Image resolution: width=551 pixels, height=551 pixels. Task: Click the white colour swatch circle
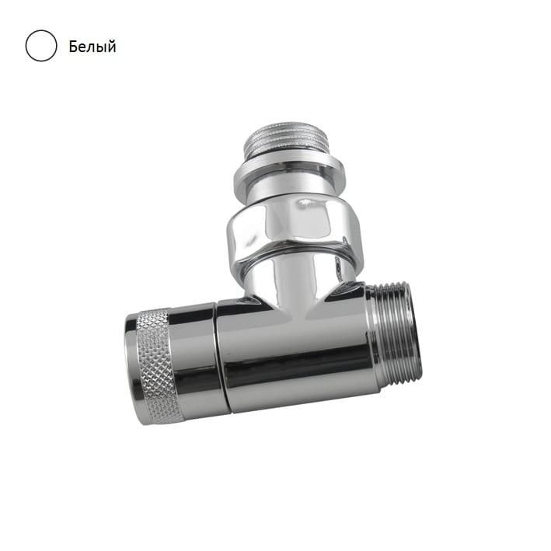point(41,46)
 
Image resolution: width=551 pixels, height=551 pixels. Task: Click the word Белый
point(92,47)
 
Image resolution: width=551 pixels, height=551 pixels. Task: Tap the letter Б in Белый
point(73,46)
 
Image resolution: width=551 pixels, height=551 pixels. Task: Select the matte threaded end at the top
point(287,141)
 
